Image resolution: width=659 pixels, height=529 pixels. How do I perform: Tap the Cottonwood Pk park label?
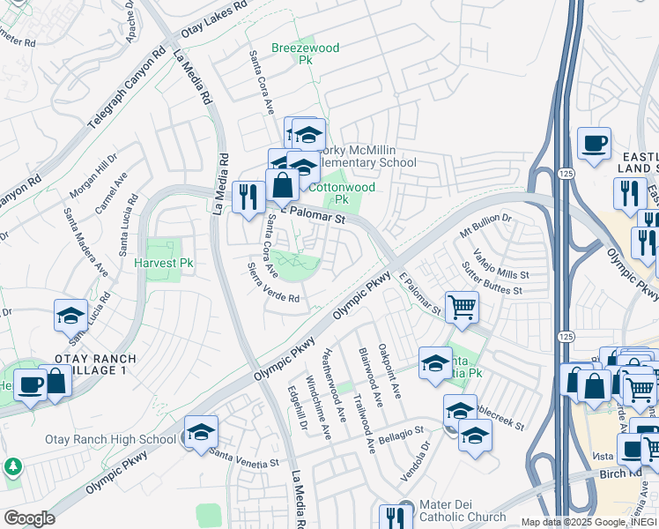341,193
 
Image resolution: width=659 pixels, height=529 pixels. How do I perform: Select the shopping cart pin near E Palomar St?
462,309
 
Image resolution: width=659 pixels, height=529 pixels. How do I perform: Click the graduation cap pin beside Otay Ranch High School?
201,431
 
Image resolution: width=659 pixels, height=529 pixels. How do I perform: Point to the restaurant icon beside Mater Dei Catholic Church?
396,517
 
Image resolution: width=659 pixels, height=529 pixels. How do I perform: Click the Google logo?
29,518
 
